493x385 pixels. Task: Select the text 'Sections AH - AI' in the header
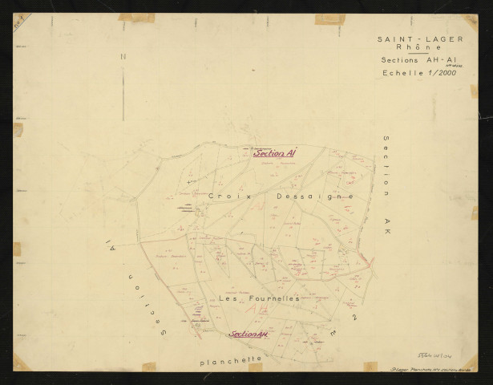tap(411, 62)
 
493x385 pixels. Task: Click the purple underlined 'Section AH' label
tap(248, 334)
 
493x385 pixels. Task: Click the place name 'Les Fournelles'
tap(258, 298)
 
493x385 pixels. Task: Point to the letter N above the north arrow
tap(123, 57)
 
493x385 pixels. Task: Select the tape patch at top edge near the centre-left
tap(137, 17)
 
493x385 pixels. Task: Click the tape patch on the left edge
tap(18, 129)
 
